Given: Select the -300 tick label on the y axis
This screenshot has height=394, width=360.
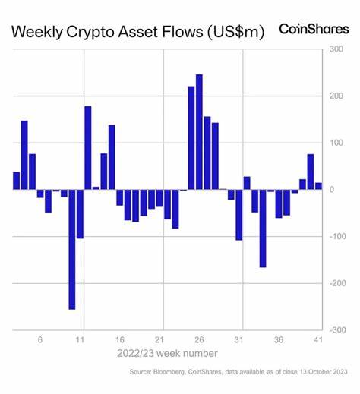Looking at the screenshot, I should coord(339,330).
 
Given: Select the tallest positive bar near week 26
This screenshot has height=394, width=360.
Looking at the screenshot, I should coord(199,131).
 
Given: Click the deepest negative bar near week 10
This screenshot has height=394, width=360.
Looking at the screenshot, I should coord(72,249).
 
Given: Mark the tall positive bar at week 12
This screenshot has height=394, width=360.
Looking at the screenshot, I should coord(88,147).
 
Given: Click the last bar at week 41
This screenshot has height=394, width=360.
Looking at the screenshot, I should coord(318,185).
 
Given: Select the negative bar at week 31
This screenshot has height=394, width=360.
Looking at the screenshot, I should coord(238,214).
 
